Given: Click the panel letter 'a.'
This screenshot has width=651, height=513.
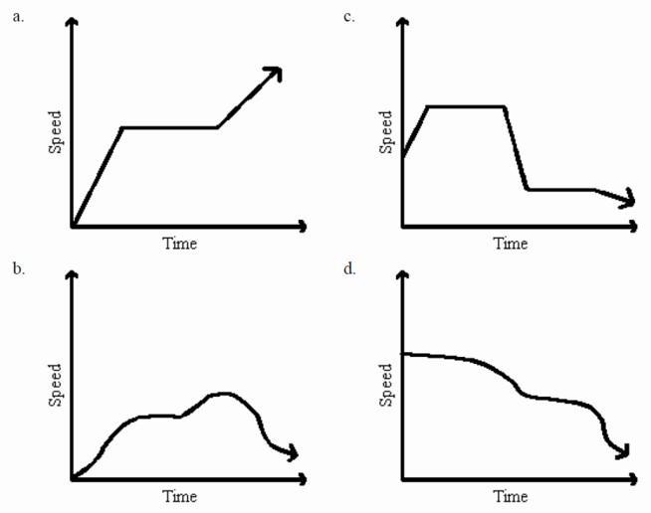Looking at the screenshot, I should (x=17, y=16).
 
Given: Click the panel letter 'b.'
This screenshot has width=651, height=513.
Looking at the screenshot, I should (x=17, y=268).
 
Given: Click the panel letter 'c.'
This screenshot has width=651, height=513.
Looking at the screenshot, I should (x=348, y=16).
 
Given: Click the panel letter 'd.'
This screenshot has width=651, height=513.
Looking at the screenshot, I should (x=349, y=268).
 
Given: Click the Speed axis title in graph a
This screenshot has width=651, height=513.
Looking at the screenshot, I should (x=56, y=131).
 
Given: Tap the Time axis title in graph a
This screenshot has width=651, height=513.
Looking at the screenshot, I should (x=179, y=244).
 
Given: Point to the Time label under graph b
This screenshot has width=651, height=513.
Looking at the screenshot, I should (x=179, y=496).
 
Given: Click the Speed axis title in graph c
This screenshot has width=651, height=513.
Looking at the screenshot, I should (x=386, y=131).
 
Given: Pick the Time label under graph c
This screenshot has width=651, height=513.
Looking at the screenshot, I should (x=511, y=244).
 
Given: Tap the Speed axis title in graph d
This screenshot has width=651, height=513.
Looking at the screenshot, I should (x=386, y=384).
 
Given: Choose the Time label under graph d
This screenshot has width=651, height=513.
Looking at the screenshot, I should (x=511, y=496).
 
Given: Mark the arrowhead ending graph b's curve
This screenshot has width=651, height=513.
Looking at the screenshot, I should (x=291, y=454).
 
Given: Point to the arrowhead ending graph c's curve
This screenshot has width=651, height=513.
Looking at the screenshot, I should (x=627, y=201).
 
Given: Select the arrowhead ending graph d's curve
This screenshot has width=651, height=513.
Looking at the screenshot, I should (x=623, y=453).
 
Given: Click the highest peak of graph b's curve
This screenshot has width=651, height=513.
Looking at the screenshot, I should (x=226, y=394).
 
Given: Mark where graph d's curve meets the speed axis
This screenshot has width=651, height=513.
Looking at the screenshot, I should (x=402, y=353).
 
